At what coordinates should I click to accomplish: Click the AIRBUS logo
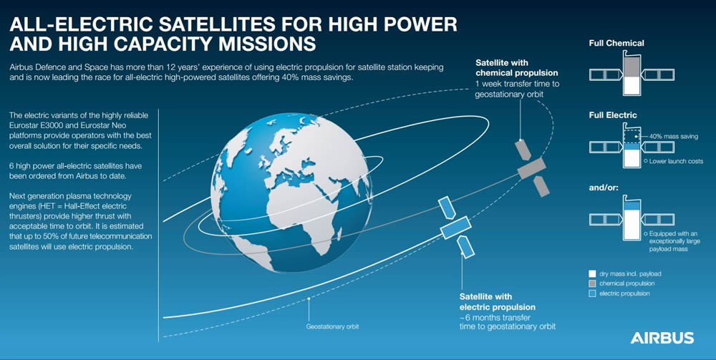point(662,338)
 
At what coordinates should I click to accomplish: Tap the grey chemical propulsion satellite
point(532,168)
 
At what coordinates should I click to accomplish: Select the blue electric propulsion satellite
point(455,227)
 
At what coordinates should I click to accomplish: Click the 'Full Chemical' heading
point(616,44)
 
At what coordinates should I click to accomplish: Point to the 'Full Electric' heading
point(613,115)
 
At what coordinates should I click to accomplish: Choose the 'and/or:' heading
point(604,187)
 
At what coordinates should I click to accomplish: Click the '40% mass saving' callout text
point(673,137)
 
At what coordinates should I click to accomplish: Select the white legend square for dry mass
point(592,274)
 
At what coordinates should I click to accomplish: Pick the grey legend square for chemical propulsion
point(592,284)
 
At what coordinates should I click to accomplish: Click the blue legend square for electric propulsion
point(592,294)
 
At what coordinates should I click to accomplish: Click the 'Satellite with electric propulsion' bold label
point(498,302)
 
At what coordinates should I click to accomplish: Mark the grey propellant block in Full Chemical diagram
point(632,67)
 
